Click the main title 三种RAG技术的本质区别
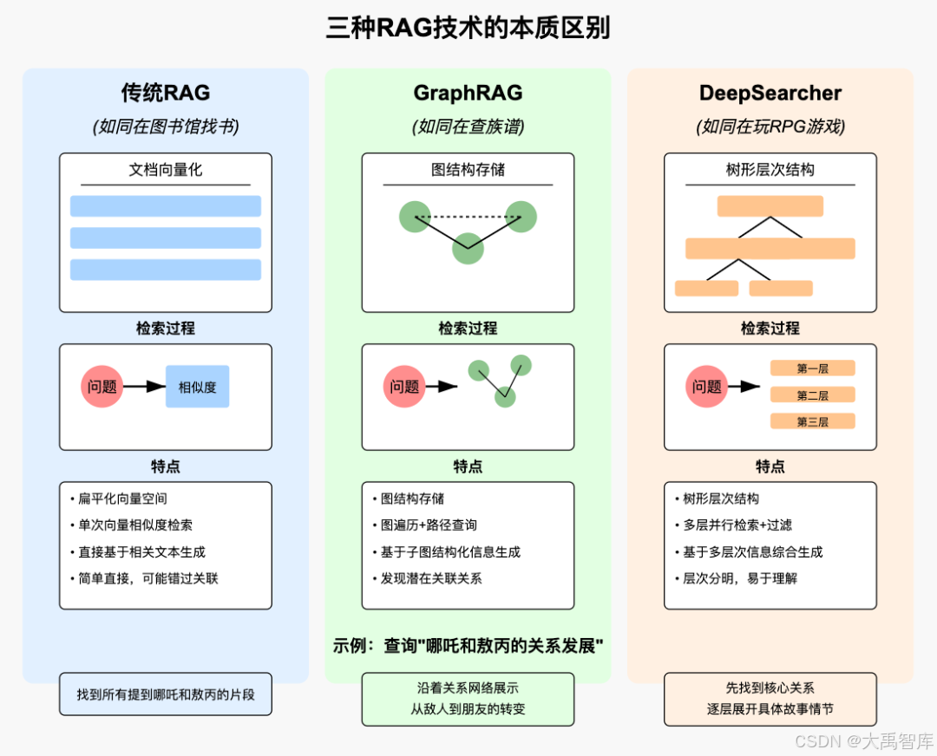(468, 29)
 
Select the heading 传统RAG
(165, 93)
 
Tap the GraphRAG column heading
(468, 93)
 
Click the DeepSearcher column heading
(770, 93)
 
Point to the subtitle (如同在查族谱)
(468, 127)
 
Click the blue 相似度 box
(198, 387)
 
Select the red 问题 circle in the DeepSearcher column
(707, 387)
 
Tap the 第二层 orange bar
(812, 395)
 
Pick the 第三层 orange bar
(812, 421)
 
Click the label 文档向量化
(165, 170)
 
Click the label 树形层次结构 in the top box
(770, 170)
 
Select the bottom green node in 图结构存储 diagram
(468, 248)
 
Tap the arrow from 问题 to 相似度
(145, 387)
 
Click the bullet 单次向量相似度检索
(135, 525)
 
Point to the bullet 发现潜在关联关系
(431, 577)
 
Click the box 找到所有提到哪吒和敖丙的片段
(165, 694)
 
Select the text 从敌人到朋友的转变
(468, 708)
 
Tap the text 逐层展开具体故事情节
(770, 708)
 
